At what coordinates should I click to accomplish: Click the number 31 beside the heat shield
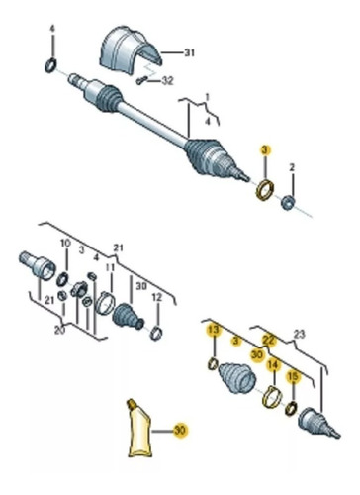point(189,52)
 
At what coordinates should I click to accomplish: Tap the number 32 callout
point(167,81)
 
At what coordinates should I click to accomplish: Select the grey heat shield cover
point(131,49)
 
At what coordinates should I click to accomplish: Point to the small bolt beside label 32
point(142,80)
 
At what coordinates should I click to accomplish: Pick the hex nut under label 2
point(288,202)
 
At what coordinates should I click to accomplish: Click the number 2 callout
point(292,168)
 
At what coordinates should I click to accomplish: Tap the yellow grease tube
point(139,429)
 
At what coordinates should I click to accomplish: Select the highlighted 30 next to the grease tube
point(180,431)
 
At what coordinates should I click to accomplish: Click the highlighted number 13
point(214,330)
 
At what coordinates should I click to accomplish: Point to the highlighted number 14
point(273,365)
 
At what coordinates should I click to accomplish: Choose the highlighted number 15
point(293,377)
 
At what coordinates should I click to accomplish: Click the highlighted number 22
point(268,340)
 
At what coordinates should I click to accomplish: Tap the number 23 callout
point(300,335)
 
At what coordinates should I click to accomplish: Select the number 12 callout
point(157,298)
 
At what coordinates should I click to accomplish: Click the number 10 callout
point(65,244)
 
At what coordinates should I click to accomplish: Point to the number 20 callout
point(59,330)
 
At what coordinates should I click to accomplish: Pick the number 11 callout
point(111,267)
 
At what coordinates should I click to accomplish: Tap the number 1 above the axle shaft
point(207,98)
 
